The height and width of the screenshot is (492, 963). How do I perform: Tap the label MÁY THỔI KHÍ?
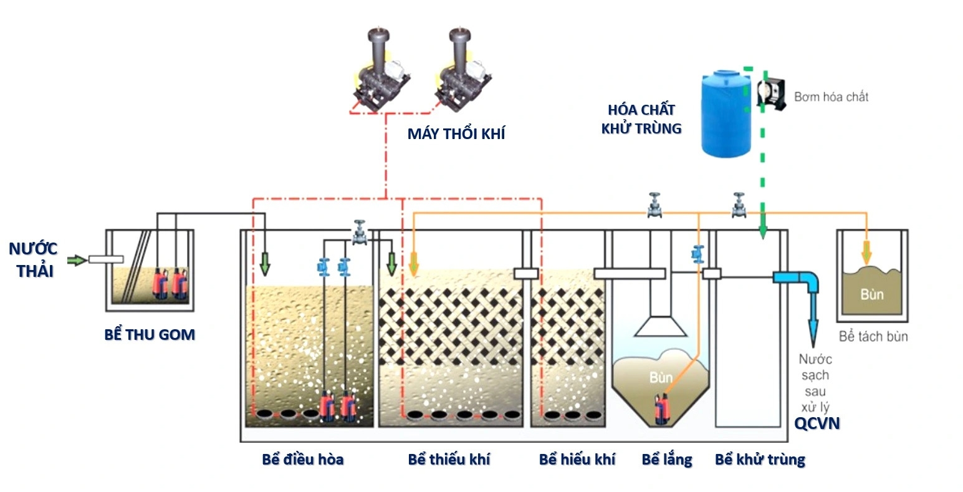456,133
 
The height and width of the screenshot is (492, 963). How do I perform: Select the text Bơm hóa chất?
831,97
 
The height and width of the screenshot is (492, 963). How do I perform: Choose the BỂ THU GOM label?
150,335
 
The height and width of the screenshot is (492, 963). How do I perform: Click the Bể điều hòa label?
303,460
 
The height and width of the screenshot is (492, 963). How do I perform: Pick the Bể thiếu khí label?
449,460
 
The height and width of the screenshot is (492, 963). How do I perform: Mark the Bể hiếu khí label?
577,460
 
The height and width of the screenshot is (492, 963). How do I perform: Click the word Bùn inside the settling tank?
661,377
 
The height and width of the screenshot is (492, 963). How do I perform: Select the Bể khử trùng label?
760,460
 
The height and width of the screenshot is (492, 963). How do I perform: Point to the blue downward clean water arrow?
814,324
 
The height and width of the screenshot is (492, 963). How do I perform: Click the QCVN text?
817,423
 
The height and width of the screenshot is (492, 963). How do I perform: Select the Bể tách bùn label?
873,337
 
